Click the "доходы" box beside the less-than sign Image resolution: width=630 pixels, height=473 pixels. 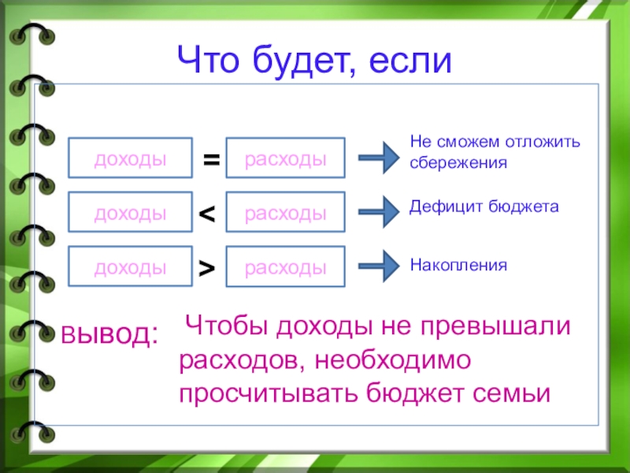pyautogui.click(x=131, y=213)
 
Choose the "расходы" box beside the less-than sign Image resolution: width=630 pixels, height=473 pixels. pyautogui.click(x=286, y=213)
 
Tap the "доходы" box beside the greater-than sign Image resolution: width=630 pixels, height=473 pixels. pyautogui.click(x=131, y=267)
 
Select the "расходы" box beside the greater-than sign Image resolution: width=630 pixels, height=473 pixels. pyautogui.click(x=286, y=267)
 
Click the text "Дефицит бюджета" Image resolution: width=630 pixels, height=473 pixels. pyautogui.click(x=484, y=207)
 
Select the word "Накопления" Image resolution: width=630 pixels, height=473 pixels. pyautogui.click(x=458, y=265)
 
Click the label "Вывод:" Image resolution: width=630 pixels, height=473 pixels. pyautogui.click(x=111, y=335)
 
